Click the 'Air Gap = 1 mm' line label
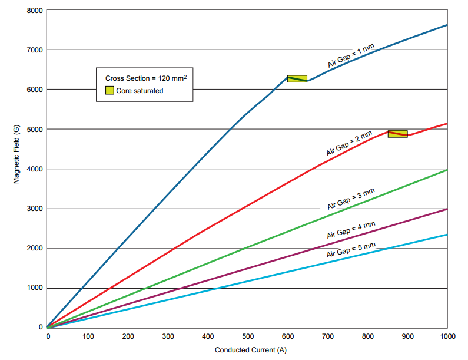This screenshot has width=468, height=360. [x=351, y=56]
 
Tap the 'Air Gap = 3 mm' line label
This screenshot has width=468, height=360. [x=351, y=199]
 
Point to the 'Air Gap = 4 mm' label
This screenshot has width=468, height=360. [x=351, y=230]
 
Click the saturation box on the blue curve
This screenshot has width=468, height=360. [x=297, y=79]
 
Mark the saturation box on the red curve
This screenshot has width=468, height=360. [x=397, y=134]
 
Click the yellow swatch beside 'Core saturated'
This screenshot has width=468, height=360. [x=109, y=91]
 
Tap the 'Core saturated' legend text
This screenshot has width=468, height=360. [x=140, y=91]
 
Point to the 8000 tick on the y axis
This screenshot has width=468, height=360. [x=34, y=10]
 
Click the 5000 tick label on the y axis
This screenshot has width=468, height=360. [x=34, y=129]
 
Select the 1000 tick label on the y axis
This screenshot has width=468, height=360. [x=34, y=288]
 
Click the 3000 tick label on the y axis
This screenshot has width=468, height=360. [x=34, y=209]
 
